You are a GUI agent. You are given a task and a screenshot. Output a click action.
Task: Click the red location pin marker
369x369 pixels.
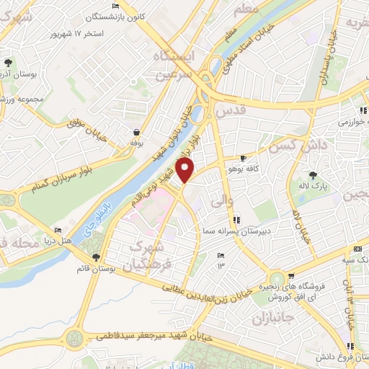coord(186,171)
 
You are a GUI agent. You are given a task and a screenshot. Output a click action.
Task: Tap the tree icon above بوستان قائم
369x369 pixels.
coord(97,258)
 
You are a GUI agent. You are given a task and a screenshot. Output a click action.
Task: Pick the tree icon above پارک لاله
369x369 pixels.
coord(313,175)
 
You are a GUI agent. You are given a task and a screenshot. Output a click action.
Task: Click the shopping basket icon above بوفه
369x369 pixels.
coord(136,132)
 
